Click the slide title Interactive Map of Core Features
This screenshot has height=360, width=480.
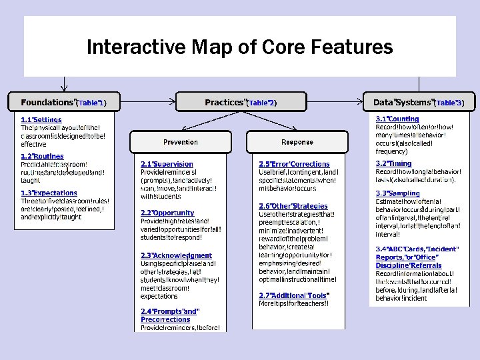pyautogui.click(x=240, y=48)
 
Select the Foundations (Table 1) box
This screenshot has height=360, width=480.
pyautogui.click(x=63, y=103)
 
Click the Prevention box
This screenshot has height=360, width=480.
pyautogui.click(x=180, y=142)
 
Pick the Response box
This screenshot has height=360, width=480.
pyautogui.click(x=297, y=142)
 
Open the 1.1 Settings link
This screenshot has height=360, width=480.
pyautogui.click(x=41, y=119)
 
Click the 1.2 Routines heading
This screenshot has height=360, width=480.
pyautogui.click(x=42, y=157)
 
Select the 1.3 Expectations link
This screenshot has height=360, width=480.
pyautogui.click(x=49, y=193)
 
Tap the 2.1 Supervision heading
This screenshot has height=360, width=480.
pyautogui.click(x=167, y=164)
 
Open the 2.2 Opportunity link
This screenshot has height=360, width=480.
pyautogui.click(x=167, y=213)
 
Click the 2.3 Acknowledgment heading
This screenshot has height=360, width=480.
pyautogui.click(x=176, y=255)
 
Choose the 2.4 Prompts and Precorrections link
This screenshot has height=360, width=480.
pyautogui.click(x=169, y=315)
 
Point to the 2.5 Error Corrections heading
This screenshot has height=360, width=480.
pyautogui.click(x=294, y=164)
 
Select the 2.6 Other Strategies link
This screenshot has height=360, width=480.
pyautogui.click(x=293, y=206)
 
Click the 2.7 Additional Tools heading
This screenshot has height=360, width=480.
pyautogui.click(x=295, y=295)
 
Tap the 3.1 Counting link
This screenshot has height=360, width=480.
pyautogui.click(x=397, y=119)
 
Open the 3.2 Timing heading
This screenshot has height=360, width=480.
pyautogui.click(x=393, y=163)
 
